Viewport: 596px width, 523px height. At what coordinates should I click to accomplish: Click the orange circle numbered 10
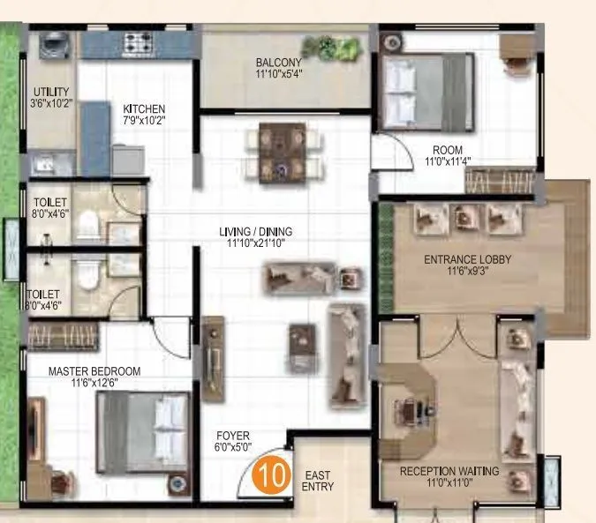(x=272, y=473)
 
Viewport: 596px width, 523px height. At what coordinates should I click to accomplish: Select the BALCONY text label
(x=278, y=63)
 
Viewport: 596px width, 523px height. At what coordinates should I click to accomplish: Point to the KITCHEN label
(x=144, y=108)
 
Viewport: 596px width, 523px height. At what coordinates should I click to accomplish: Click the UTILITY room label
(x=51, y=92)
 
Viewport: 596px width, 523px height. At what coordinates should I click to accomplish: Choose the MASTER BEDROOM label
(x=94, y=371)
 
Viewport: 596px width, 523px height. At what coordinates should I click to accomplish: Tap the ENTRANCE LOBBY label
(x=468, y=259)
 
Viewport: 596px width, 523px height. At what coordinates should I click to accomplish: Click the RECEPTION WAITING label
(x=449, y=472)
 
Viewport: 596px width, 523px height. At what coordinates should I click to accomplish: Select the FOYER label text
(x=233, y=436)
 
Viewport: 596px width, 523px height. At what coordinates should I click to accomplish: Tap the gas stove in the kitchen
(x=140, y=41)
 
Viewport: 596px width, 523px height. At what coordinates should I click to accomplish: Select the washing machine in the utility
(x=50, y=44)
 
